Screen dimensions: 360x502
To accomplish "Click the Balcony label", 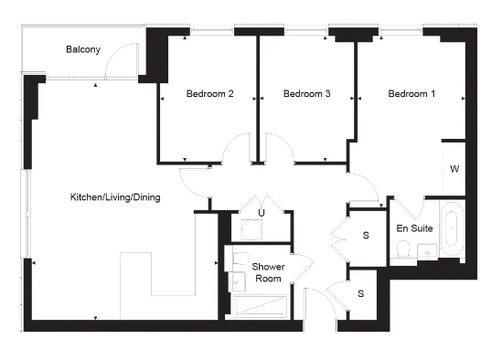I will (x=82, y=49).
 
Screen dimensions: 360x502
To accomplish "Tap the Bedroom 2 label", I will (x=210, y=94).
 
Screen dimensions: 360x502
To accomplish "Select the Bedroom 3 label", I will (x=306, y=94).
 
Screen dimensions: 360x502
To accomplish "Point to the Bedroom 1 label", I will (x=411, y=94).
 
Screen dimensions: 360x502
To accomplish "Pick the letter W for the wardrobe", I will (x=454, y=170).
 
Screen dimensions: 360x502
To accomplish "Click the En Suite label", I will (x=414, y=228).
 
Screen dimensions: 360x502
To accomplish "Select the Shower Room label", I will (x=269, y=272).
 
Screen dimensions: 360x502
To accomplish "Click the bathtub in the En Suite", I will (x=453, y=234).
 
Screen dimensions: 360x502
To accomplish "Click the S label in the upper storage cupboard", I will (x=366, y=236).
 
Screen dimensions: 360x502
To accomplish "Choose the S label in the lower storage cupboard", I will (x=361, y=293).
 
